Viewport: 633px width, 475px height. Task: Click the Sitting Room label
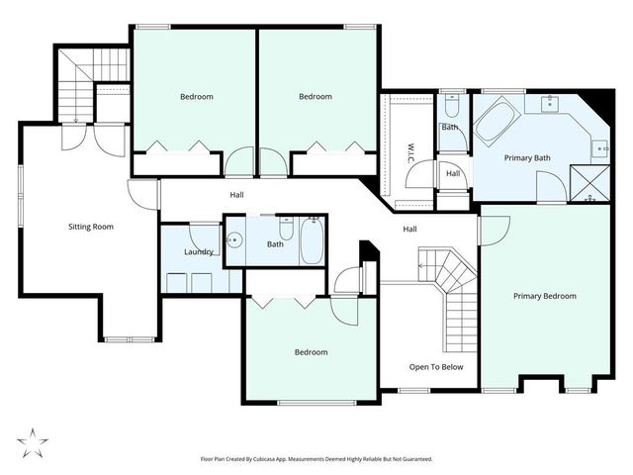91,227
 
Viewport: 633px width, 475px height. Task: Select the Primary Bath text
527,157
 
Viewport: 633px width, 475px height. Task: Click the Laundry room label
199,251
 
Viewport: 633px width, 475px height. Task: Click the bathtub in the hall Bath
313,239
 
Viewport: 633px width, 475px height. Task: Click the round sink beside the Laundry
234,239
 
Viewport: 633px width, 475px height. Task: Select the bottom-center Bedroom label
311,351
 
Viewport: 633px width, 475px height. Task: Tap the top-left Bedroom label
196,97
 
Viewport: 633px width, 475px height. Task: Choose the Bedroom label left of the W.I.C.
316,97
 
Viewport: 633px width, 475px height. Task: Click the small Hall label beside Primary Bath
453,174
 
